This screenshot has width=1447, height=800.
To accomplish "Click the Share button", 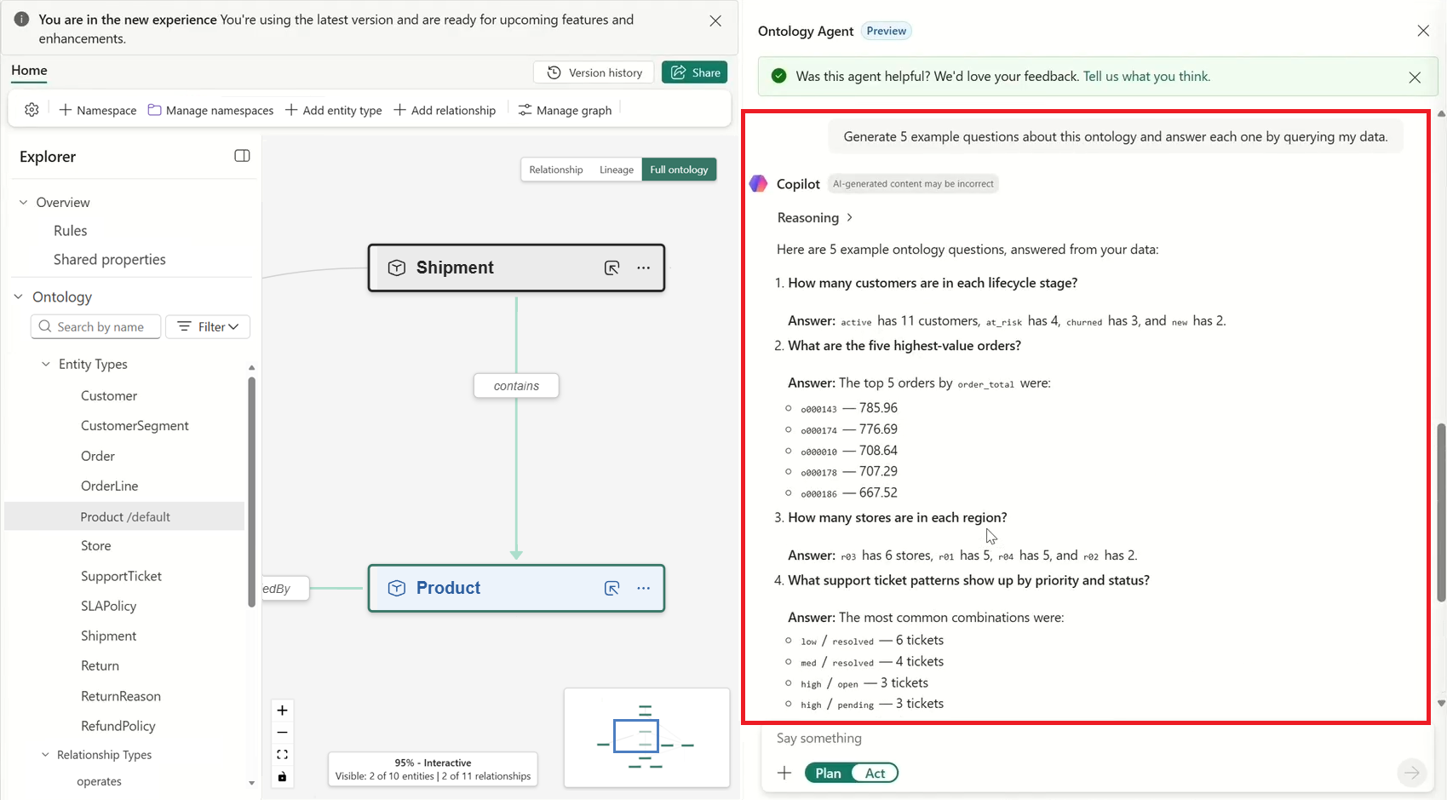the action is (x=694, y=72).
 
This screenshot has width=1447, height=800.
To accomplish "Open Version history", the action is (x=594, y=72).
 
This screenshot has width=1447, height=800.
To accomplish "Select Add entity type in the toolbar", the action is (x=333, y=111).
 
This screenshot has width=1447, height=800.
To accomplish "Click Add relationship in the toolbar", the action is (x=445, y=111).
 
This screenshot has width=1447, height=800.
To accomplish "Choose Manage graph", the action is (x=565, y=111).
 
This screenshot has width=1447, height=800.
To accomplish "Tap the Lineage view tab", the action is (x=617, y=170).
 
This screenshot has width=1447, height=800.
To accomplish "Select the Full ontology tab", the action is (x=679, y=170).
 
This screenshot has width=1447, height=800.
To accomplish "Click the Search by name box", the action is (x=95, y=327).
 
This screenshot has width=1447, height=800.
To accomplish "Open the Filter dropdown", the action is (x=207, y=327).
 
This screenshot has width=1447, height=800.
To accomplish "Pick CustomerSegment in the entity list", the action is (x=135, y=426).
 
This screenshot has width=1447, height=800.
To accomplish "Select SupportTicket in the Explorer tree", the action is (x=121, y=577).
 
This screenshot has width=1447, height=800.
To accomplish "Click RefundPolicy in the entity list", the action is (x=118, y=727).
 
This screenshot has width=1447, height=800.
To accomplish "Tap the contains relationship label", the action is (x=516, y=386).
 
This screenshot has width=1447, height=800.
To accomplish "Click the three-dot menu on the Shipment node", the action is (x=643, y=268).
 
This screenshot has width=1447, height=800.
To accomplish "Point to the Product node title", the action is (x=448, y=588).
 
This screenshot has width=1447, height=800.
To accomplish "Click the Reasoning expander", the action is (x=814, y=218).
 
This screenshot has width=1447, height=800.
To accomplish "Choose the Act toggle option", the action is (x=875, y=774).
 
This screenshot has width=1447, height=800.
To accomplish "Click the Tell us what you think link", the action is (x=1146, y=77).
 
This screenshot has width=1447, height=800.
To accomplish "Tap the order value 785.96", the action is (x=878, y=408).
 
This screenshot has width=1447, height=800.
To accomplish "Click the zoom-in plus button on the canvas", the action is (x=282, y=711).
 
